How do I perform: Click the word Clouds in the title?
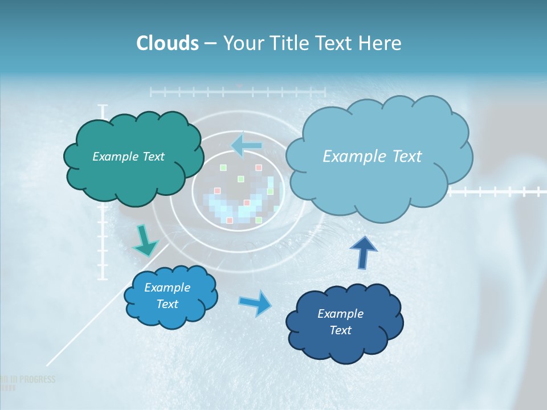(x=168, y=43)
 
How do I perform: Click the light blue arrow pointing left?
(x=247, y=145)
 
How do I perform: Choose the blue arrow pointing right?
(x=255, y=303)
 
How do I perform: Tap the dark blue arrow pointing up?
(x=363, y=252)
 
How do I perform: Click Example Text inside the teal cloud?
(x=128, y=157)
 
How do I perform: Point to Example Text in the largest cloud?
(x=372, y=157)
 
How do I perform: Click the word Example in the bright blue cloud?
(x=167, y=288)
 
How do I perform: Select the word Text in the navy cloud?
(x=340, y=330)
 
